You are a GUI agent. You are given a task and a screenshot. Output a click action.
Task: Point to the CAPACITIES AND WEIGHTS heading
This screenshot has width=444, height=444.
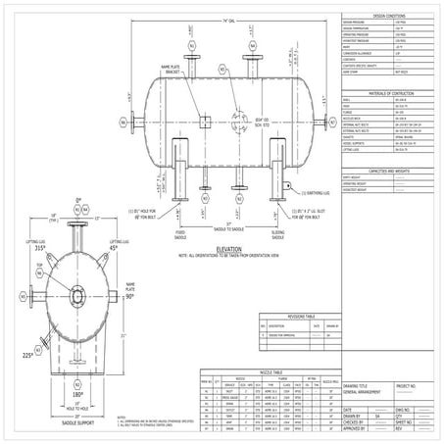coord(389,169)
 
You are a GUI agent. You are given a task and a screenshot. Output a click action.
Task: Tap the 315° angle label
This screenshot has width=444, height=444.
coord(40,249)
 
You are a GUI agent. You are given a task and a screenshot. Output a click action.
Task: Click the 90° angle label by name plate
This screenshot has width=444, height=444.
coord(128,297)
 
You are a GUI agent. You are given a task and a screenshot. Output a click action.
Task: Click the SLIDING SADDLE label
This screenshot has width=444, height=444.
coord(278,234)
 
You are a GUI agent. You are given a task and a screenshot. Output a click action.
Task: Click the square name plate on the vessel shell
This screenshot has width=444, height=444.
coord(207,123)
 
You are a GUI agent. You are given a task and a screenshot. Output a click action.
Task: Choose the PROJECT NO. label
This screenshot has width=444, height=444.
coord(417,386)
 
